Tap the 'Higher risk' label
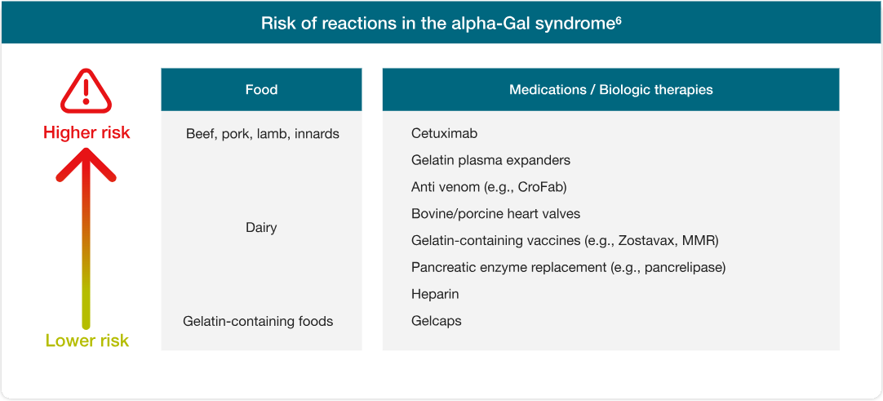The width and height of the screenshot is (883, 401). point(87,133)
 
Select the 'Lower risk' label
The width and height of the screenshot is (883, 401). point(87,341)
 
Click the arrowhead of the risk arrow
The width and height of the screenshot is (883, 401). point(87,164)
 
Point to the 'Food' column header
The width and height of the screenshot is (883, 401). point(261,90)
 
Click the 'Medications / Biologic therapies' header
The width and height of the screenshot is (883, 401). point(611,90)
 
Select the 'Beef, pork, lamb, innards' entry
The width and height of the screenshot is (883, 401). point(263,135)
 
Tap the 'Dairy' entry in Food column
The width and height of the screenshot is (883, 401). point(261,228)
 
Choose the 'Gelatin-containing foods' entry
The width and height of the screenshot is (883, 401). point(258,322)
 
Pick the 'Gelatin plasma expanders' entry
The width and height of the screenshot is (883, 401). point(490,161)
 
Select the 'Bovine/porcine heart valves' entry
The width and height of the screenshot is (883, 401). point(495,214)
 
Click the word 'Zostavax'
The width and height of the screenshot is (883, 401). point(644,241)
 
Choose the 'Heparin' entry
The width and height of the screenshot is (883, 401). point(435,295)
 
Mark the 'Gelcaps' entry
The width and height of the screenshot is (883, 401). point(437,322)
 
